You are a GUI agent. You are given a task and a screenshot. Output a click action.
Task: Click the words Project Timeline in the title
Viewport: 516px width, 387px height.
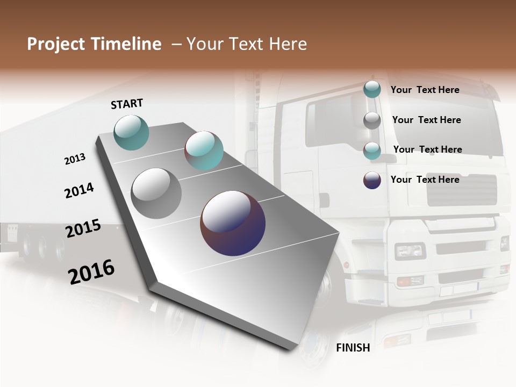click(94, 44)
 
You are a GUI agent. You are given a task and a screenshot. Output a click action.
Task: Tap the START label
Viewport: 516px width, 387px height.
click(127, 104)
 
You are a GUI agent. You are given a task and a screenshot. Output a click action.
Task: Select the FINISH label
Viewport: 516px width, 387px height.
click(353, 348)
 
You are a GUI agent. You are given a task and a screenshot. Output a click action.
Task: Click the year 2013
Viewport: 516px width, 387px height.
click(75, 159)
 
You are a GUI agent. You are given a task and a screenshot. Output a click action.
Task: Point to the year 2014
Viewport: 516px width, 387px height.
click(79, 191)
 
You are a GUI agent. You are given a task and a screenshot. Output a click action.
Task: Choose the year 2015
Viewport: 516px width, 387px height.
click(83, 228)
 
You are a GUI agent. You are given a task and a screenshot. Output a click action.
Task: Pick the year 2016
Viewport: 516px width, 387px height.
click(91, 272)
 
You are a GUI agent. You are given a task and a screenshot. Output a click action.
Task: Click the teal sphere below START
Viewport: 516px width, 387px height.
click(132, 132)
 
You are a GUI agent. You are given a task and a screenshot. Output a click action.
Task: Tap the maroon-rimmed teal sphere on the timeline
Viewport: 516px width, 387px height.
click(204, 150)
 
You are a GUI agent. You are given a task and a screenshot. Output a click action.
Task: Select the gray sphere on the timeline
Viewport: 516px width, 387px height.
click(156, 193)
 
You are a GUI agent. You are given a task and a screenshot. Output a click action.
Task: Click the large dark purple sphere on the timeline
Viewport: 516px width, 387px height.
click(233, 223)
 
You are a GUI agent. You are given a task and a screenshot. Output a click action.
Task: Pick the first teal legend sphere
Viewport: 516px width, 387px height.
click(372, 90)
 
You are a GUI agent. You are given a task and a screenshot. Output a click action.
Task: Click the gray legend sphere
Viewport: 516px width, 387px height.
click(372, 120)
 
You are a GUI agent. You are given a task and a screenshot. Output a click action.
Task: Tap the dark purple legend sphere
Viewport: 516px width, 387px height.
click(372, 180)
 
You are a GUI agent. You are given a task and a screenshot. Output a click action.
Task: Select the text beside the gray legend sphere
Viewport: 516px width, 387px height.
click(426, 120)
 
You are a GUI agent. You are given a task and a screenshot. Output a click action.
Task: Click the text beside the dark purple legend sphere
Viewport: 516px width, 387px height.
click(425, 180)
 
